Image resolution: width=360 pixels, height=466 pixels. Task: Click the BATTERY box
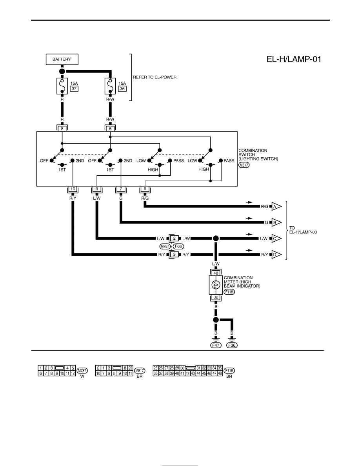tap(62, 59)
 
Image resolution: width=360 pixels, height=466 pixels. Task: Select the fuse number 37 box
tap(74, 89)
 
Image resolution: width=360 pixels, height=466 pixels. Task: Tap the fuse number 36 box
tap(122, 89)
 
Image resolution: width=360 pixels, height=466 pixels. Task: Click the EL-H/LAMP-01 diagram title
tap(294, 59)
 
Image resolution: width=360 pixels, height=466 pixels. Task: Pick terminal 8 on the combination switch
tap(62, 129)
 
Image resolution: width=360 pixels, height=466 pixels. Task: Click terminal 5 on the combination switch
tap(110, 129)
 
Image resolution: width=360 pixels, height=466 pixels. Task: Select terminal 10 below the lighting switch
tap(73, 189)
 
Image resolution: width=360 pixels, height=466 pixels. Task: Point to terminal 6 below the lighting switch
tap(145, 189)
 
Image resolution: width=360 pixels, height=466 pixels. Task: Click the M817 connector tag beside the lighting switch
tap(244, 165)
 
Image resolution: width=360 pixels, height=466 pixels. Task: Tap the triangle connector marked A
tap(276, 206)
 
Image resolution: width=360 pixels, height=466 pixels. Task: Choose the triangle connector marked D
tap(276, 255)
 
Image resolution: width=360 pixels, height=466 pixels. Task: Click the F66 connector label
tap(178, 246)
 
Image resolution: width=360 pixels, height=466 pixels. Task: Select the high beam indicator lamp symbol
tap(216, 285)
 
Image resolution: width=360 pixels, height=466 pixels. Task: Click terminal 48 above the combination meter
tap(216, 273)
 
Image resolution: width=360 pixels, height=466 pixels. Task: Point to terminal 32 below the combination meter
tap(216, 297)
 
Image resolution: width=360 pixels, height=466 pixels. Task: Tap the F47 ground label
tap(216, 345)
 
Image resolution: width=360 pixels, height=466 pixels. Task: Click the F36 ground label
tap(232, 345)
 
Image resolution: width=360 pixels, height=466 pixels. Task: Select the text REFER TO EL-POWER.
tap(155, 77)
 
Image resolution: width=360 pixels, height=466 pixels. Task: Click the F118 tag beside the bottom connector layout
tap(229, 371)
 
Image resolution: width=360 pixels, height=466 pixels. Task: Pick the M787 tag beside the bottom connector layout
tap(82, 371)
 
